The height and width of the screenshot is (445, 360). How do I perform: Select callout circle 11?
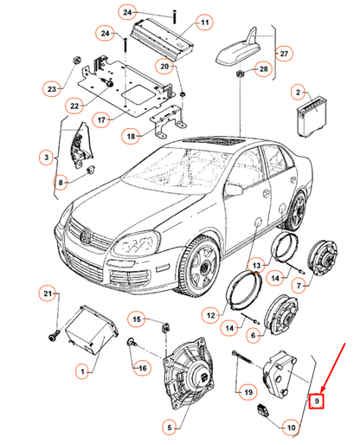pyautogui.click(x=205, y=22)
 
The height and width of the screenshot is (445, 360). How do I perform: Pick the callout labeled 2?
pyautogui.click(x=298, y=91)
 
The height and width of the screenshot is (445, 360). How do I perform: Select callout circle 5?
pyautogui.click(x=169, y=426)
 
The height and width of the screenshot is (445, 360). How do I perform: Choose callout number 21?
pyautogui.click(x=48, y=295)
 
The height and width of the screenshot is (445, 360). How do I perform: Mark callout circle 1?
pyautogui.click(x=83, y=371)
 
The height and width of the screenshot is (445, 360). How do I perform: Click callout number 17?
pyautogui.click(x=125, y=119)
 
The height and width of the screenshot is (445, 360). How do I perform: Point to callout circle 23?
pyautogui.click(x=51, y=88)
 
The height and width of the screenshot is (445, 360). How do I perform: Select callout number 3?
pyautogui.click(x=45, y=157)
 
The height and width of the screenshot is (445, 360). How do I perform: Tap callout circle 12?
pyautogui.click(x=211, y=313)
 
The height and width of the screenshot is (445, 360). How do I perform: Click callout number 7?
pyautogui.click(x=300, y=286)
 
